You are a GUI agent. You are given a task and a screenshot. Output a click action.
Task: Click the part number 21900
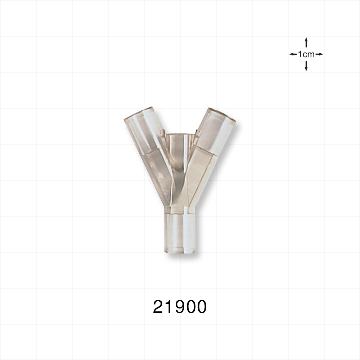point(180,307)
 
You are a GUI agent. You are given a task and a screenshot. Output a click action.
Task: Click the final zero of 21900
point(201,307)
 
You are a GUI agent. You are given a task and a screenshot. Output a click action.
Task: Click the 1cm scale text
point(306,54)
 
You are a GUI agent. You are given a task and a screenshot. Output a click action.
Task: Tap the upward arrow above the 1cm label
point(306,41)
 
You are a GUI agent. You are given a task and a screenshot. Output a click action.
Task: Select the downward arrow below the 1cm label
point(306,67)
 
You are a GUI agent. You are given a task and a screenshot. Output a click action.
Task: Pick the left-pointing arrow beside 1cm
point(293,54)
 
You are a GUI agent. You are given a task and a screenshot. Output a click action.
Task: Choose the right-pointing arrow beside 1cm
point(320,54)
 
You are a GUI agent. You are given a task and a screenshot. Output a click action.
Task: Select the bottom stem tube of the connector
point(180,232)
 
